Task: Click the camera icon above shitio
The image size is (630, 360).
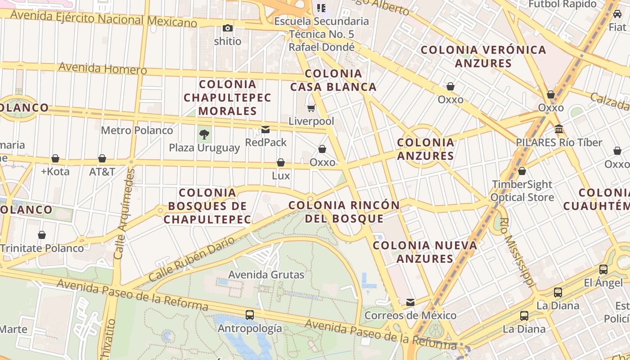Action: click(x=228, y=28)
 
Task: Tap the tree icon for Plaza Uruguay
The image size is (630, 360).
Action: click(x=204, y=134)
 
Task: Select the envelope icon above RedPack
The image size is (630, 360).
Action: click(x=265, y=130)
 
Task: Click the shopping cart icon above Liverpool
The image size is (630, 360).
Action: click(x=311, y=108)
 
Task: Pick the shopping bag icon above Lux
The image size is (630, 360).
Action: click(x=281, y=162)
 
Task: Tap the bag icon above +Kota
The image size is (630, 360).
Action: click(x=55, y=158)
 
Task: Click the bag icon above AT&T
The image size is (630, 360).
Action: click(x=102, y=158)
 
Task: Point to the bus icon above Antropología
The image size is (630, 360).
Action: click(x=250, y=315)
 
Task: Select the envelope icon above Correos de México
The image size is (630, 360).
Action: click(x=410, y=302)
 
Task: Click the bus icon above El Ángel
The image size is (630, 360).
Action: click(x=603, y=270)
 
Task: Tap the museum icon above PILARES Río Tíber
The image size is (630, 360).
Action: click(x=559, y=130)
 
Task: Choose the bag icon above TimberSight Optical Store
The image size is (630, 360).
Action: click(x=522, y=171)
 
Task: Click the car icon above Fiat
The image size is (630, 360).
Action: click(x=617, y=14)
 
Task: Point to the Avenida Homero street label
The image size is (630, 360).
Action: click(x=103, y=68)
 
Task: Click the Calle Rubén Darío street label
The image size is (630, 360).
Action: click(x=192, y=259)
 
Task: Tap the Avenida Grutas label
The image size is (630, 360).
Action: click(x=266, y=274)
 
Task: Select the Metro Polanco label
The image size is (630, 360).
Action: click(x=137, y=130)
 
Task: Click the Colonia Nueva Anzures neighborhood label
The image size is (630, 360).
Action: click(x=425, y=252)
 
